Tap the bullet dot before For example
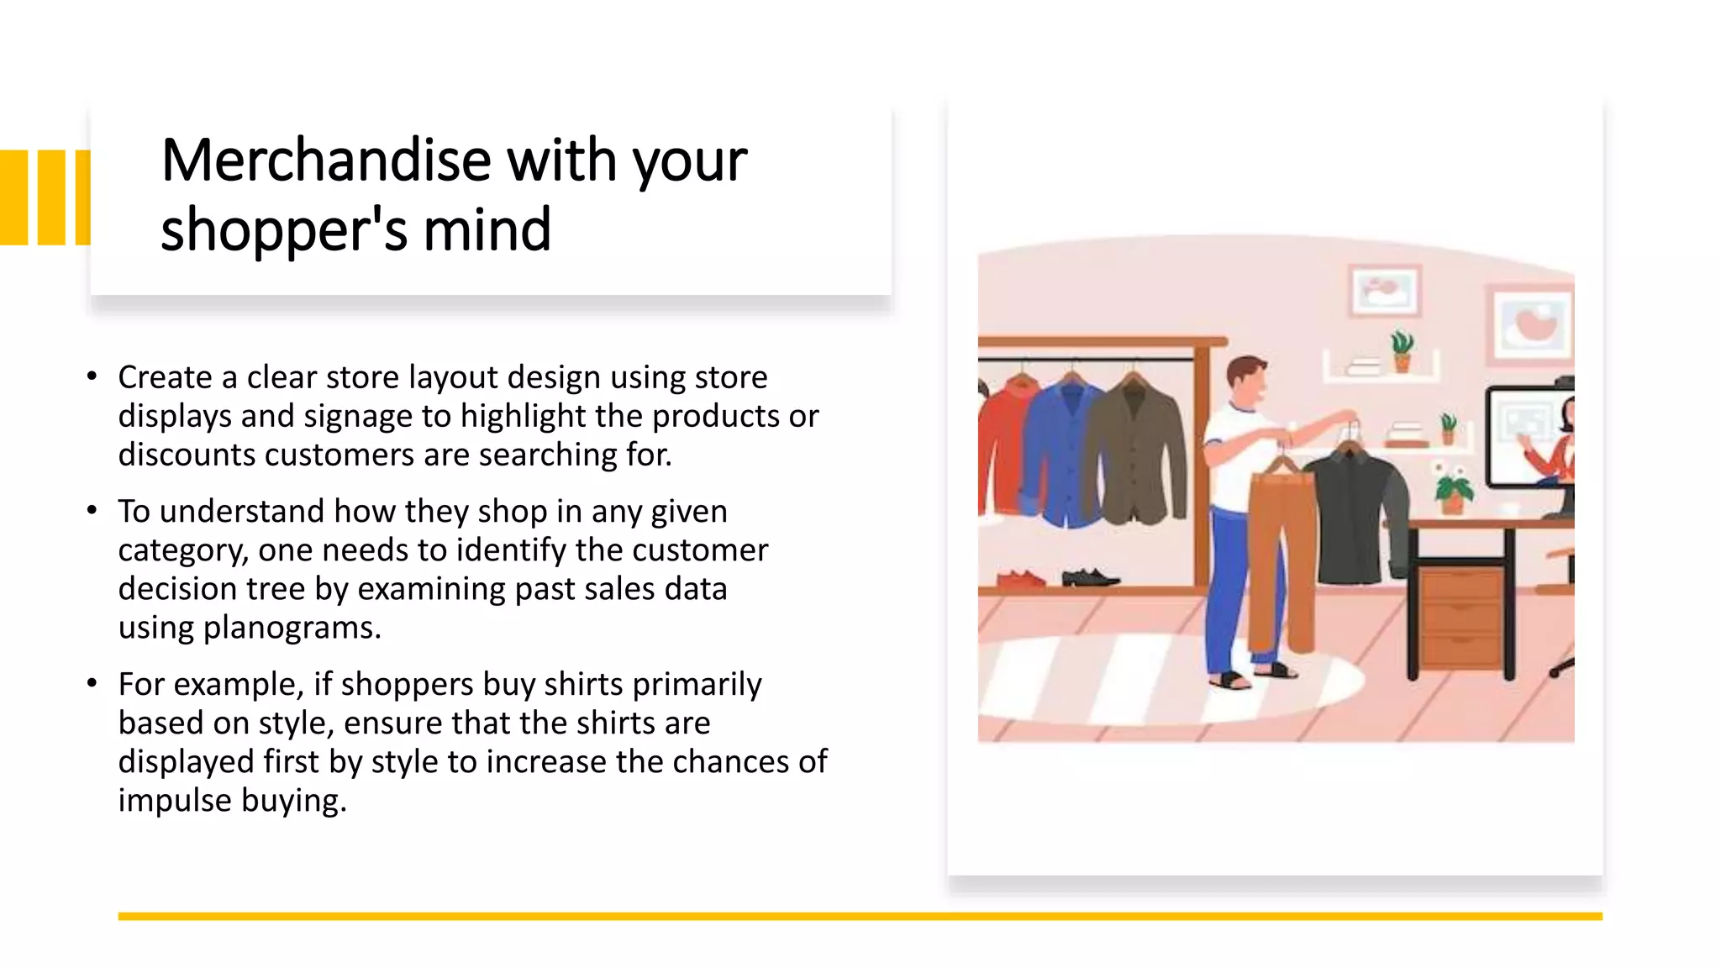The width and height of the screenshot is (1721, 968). pyautogui.click(x=92, y=683)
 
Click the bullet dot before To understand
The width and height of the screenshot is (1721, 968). pyautogui.click(x=92, y=510)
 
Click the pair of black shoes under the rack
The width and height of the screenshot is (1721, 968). pyautogui.click(x=1089, y=577)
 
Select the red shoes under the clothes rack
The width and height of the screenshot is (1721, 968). pyautogui.click(x=1020, y=578)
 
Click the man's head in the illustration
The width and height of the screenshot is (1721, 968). pyautogui.click(x=1246, y=382)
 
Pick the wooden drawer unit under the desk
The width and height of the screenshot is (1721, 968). pyautogui.click(x=1462, y=618)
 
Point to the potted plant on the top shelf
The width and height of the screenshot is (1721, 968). pyautogui.click(x=1401, y=351)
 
